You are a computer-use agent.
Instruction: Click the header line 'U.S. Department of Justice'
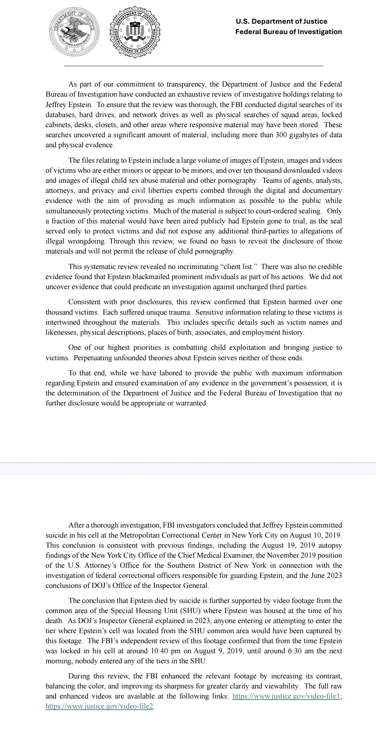pyautogui.click(x=281, y=22)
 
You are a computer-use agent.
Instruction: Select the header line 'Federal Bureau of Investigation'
pyautogui.click(x=288, y=32)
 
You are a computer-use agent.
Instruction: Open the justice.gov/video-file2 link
pyautogui.click(x=99, y=706)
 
